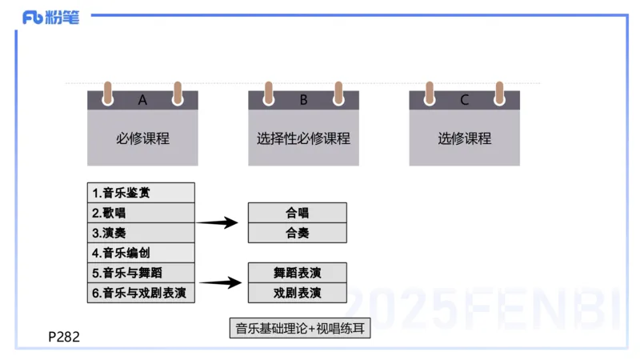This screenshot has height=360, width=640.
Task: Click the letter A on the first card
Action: pyautogui.click(x=142, y=100)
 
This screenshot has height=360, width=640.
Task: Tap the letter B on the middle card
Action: pyautogui.click(x=303, y=100)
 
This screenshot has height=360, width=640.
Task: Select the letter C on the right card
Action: pyautogui.click(x=464, y=100)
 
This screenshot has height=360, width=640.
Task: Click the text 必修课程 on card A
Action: pyautogui.click(x=142, y=138)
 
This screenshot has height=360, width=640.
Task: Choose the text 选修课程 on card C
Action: pyautogui.click(x=464, y=138)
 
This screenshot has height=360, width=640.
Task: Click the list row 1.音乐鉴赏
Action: pyautogui.click(x=141, y=193)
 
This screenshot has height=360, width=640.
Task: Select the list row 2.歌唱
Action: pyautogui.click(x=141, y=213)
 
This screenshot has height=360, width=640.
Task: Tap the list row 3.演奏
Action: pyautogui.click(x=141, y=233)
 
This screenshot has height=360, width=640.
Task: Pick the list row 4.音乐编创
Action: pyautogui.click(x=141, y=253)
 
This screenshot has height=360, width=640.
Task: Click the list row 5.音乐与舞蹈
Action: pyautogui.click(x=141, y=273)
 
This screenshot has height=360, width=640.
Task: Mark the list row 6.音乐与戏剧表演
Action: pyautogui.click(x=141, y=293)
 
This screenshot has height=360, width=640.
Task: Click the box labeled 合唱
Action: pyautogui.click(x=297, y=213)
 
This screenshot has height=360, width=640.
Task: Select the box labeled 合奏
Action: pyautogui.click(x=297, y=233)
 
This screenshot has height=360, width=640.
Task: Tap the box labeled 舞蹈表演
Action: pyautogui.click(x=297, y=273)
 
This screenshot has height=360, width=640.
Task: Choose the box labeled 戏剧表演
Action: pyautogui.click(x=297, y=293)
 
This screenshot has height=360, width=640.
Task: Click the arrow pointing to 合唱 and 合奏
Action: pyautogui.click(x=218, y=222)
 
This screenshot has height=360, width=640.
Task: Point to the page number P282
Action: pyautogui.click(x=64, y=337)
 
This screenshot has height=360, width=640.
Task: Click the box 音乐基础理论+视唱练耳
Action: pyautogui.click(x=299, y=328)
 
